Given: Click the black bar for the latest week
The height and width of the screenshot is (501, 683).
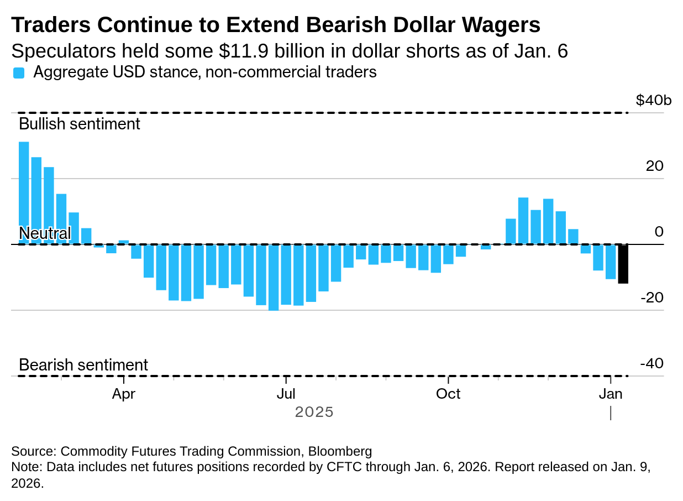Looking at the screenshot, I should tap(623, 264).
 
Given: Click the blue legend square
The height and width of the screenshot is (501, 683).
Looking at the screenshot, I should tap(19, 73).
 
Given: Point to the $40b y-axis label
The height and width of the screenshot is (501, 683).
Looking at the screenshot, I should tap(654, 101).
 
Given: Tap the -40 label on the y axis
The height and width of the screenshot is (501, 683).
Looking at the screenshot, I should tap(652, 364).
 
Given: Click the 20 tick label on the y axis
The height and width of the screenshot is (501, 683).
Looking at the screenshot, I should tap(655, 166).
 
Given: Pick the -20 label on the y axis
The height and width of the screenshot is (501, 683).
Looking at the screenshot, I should tap(652, 298).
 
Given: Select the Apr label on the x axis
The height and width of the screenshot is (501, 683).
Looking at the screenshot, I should tap(124, 394).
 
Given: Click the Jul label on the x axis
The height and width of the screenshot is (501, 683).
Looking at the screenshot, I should tap(286, 394).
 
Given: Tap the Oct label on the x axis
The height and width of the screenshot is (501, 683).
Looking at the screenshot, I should tap(448, 394).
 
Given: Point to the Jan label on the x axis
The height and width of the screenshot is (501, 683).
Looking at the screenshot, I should tap(611, 394).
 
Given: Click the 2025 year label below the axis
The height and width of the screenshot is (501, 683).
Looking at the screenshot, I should tap(314, 413).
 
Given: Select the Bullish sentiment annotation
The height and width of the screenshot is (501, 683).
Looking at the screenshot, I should tap(80, 124).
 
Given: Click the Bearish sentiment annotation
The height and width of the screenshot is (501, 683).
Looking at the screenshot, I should tap(83, 366).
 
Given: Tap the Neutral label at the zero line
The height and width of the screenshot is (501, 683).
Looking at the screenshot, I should tap(45, 233).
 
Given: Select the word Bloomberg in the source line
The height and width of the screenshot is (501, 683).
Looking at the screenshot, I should tap(340, 451).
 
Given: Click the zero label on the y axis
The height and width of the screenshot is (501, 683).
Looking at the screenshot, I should tap(659, 232).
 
